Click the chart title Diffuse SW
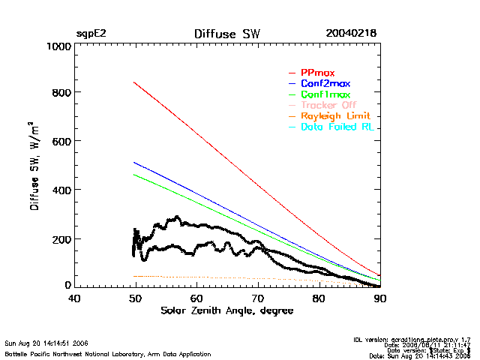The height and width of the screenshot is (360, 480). coord(227,34)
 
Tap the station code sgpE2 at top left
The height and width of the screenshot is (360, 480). coord(90,34)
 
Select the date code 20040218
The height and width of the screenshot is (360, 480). coord(351,34)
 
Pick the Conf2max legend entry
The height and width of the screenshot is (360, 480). coord(325,83)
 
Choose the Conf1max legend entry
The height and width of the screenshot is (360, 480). coord(325,94)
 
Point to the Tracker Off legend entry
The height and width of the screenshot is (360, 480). coord(328,106)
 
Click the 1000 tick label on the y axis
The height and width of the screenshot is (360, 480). coord(56,46)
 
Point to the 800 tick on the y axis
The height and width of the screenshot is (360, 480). coord(60,93)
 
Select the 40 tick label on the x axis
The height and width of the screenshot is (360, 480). coord(74,298)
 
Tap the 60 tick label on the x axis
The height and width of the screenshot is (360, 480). coord(196,298)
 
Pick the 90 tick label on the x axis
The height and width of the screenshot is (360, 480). coord(380,298)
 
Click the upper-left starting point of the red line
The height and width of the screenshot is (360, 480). coord(133,82)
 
